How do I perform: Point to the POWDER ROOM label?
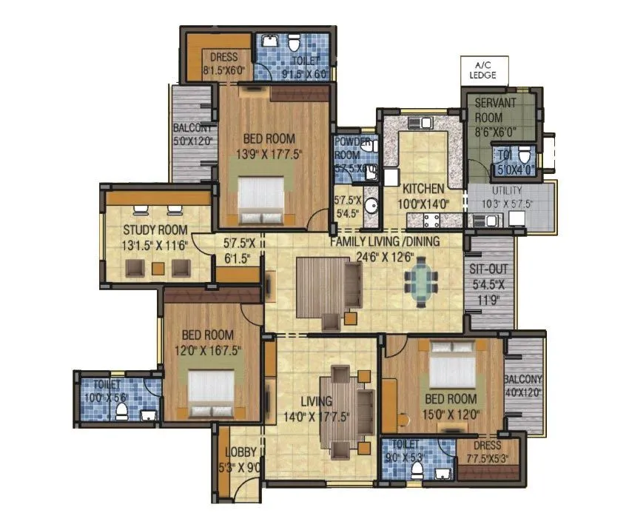pos(348,149)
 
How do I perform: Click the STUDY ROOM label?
pos(155,229)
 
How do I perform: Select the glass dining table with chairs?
pos(420,282)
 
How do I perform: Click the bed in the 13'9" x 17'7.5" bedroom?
pos(260,197)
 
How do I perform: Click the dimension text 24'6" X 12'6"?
pos(386,256)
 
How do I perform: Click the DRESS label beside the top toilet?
pos(224,58)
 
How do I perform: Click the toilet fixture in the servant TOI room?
pos(525,155)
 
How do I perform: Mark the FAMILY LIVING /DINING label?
pos(385,241)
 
